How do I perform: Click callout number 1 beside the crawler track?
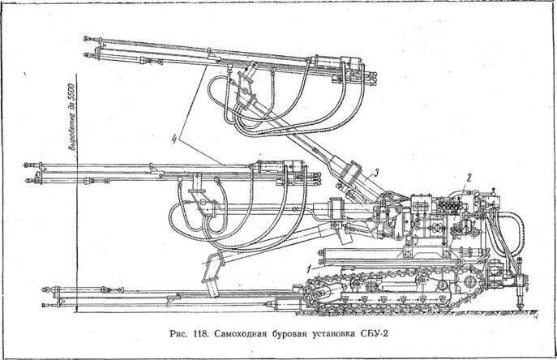[310, 268]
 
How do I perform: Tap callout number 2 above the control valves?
[469, 178]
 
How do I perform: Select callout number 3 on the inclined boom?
[376, 173]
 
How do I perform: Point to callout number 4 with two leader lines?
[174, 139]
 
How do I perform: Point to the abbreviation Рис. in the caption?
[179, 334]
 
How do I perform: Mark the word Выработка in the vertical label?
[71, 132]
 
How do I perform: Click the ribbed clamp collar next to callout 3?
[350, 172]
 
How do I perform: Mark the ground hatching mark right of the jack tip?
[535, 313]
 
